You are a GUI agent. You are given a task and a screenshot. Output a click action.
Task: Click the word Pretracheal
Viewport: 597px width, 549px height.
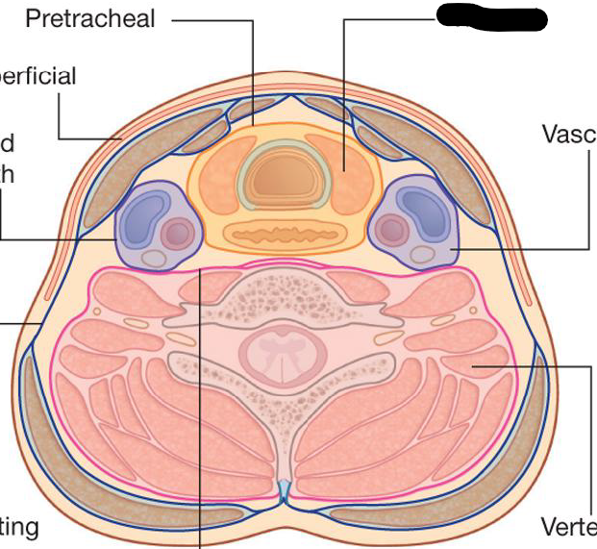tap(90, 19)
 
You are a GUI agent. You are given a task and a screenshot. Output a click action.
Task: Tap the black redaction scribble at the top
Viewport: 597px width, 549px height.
tap(491, 16)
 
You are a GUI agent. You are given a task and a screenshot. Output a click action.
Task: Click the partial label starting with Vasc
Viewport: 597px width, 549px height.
tap(568, 134)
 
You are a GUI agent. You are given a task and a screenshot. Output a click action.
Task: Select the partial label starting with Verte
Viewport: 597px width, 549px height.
tap(568, 527)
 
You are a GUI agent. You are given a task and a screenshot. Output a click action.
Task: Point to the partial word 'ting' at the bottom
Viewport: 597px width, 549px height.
tap(19, 527)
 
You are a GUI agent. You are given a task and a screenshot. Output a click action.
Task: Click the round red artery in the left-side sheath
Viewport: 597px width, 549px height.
tap(176, 232)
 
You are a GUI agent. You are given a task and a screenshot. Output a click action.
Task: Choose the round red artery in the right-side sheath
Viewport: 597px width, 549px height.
tap(391, 229)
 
